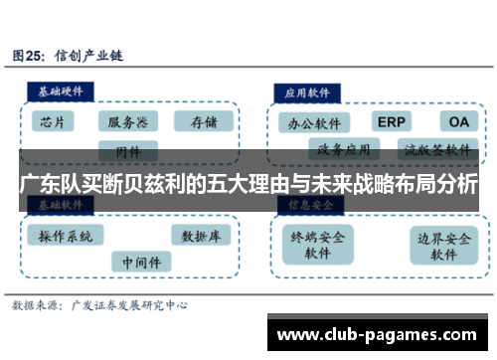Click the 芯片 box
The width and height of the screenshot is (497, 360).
[x=56, y=122]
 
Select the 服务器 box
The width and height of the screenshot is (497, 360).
[x=128, y=122]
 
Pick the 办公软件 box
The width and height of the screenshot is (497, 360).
[x=314, y=124]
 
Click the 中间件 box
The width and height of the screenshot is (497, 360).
[x=140, y=262]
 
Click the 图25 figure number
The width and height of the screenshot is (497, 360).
[x=29, y=55]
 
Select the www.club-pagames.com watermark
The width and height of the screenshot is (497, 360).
[x=380, y=332]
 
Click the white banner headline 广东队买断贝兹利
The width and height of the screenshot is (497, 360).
[x=248, y=184]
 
